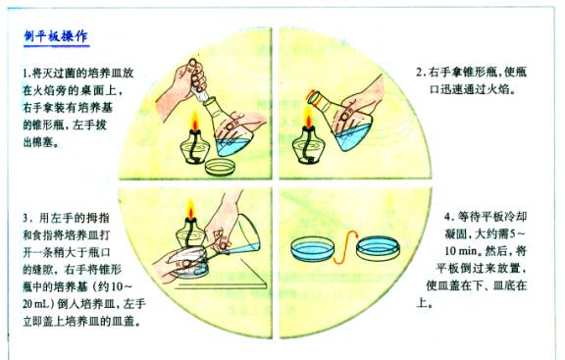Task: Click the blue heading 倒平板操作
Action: pos(56,36)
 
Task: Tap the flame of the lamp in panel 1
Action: pos(195,121)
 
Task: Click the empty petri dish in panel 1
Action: pos(221,167)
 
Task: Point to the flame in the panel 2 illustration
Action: pos(308,117)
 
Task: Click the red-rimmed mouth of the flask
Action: pos(314,98)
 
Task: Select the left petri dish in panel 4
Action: pos(312,247)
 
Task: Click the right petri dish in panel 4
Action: pos(378,247)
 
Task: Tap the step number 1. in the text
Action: pos(27,74)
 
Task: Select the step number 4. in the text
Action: pos(448,217)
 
